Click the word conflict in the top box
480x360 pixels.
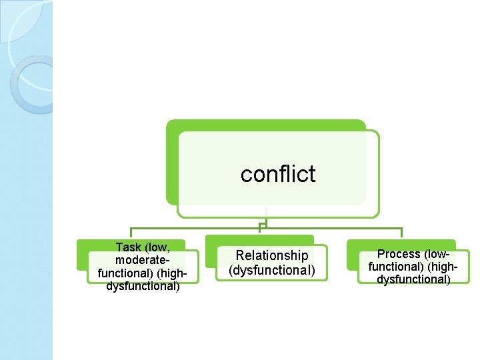tap(278, 174)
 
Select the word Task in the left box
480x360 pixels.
tap(128, 247)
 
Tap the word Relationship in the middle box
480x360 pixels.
tap(272, 255)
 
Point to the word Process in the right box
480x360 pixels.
tap(399, 254)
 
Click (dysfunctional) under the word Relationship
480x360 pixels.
tap(272, 270)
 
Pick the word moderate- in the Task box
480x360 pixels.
tap(143, 260)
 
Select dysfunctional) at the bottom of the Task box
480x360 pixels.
tap(143, 287)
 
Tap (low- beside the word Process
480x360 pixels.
tap(437, 254)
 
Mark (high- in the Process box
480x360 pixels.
tap(440, 267)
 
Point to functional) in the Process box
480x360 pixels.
tap(396, 267)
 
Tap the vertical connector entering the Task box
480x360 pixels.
tap(131, 233)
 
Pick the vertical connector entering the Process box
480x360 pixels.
tap(401, 233)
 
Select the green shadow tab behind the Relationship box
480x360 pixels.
tap(259, 239)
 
